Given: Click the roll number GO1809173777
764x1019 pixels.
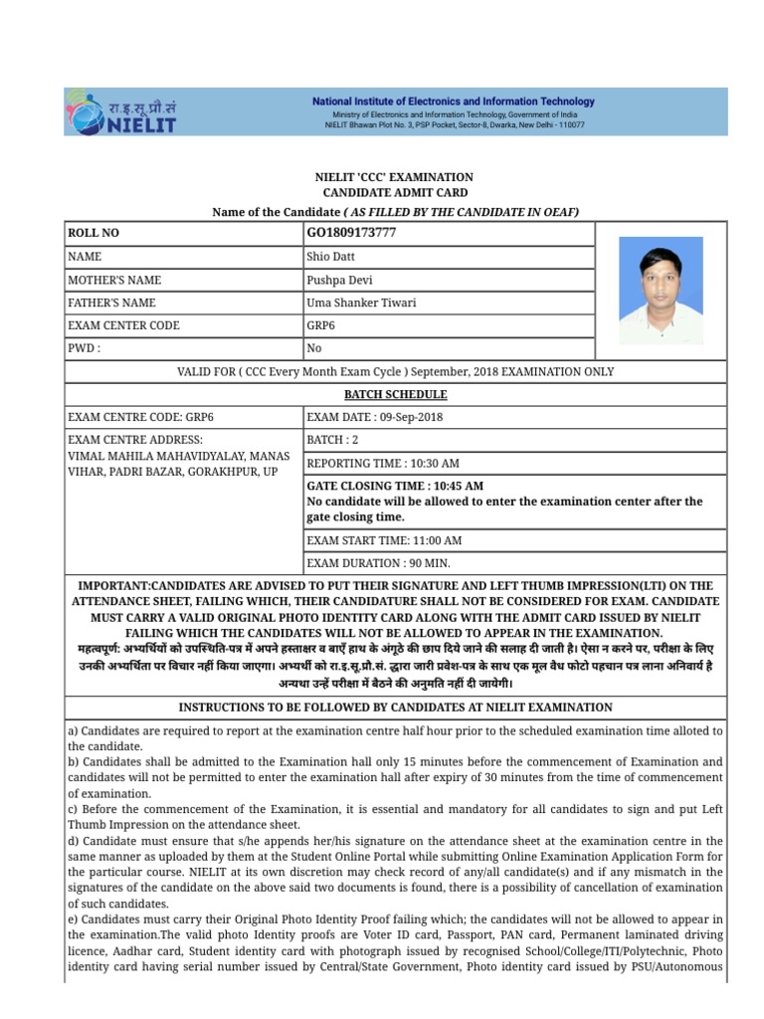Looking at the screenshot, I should (x=351, y=233).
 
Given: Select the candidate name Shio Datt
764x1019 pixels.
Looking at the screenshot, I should (x=332, y=257).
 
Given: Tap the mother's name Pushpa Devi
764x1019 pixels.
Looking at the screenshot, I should (x=340, y=280).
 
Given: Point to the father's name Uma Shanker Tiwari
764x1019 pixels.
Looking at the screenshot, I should (x=361, y=303).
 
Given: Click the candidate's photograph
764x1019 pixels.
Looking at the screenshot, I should (x=661, y=291).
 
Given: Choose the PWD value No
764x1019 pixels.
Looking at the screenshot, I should (x=315, y=348).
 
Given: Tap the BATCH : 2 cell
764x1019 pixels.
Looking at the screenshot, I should (x=332, y=440).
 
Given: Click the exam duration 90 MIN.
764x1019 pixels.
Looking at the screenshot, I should (x=434, y=563).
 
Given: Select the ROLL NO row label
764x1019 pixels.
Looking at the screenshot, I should (x=93, y=233).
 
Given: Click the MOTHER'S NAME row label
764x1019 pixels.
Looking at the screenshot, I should (x=114, y=280).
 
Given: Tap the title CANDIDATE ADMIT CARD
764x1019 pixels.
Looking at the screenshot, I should (x=395, y=192).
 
